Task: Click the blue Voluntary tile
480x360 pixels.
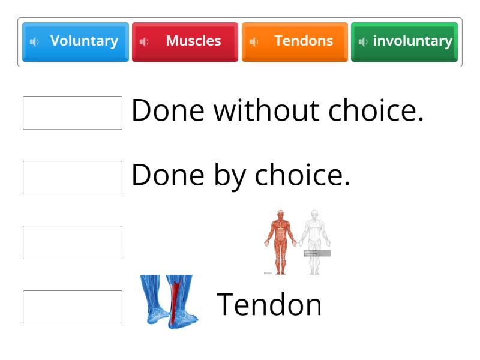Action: coord(76,41)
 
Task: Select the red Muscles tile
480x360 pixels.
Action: coord(185,41)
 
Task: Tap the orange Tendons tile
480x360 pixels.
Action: coord(295,41)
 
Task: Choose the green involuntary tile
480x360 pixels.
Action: coord(404,41)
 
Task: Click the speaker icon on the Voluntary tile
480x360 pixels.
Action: coord(34,41)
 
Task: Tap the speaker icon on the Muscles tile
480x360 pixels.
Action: coord(144,41)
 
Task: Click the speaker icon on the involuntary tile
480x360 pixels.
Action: coord(362,41)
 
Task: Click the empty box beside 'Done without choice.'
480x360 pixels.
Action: coord(73,113)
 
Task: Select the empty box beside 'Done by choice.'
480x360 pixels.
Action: coord(73,178)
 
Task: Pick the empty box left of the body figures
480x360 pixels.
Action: coord(73,242)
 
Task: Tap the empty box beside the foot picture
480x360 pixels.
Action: coord(73,307)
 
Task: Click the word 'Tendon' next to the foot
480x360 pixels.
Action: coord(269,304)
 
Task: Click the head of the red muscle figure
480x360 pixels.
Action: coord(280,214)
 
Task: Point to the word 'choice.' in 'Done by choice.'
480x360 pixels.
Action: coord(302,175)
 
